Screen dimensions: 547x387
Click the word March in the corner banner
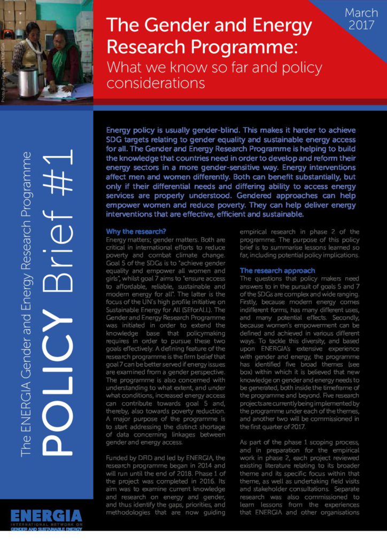point(361,12)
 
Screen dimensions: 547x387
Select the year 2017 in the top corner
point(361,25)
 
